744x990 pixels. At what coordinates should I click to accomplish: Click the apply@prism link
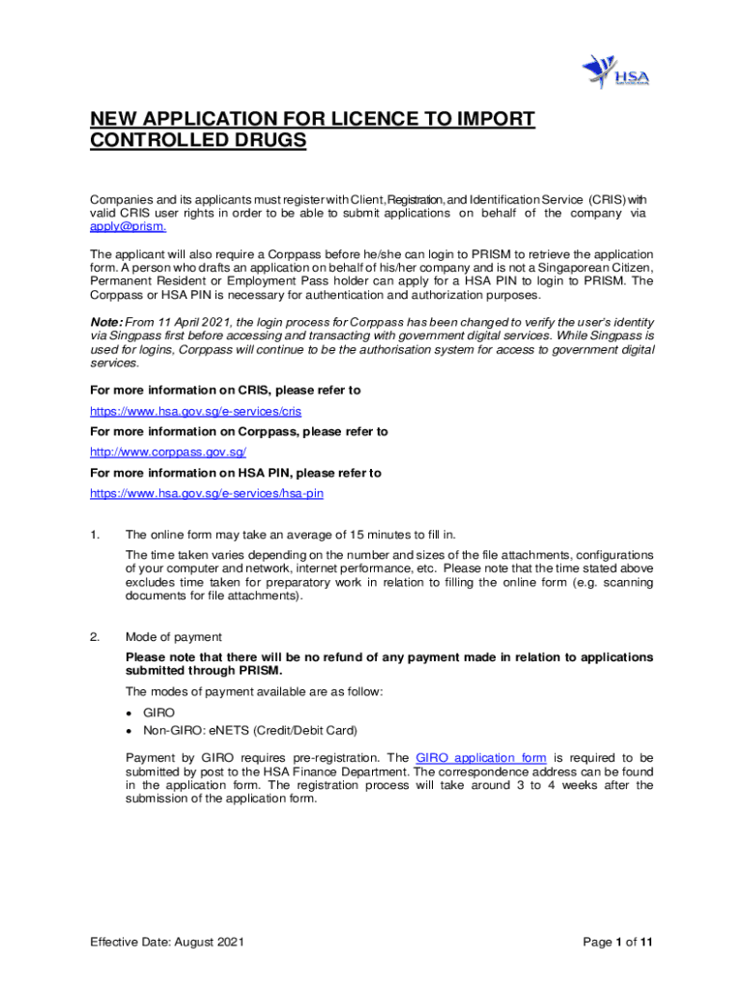[129, 227]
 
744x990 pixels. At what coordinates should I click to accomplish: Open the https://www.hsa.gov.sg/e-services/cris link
[196, 411]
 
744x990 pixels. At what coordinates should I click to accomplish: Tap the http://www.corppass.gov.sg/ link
[168, 452]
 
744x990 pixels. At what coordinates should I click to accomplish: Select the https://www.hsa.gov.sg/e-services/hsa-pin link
[207, 493]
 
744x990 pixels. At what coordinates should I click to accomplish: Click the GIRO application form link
[481, 758]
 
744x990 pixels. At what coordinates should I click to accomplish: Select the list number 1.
[95, 534]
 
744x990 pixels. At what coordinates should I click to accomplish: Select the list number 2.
[95, 637]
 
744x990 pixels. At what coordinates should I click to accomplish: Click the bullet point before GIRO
[129, 713]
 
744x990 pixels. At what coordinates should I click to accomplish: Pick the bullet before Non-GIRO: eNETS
[129, 731]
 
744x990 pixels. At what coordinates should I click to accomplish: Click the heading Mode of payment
[174, 637]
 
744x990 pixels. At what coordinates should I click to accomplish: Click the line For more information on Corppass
[239, 432]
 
